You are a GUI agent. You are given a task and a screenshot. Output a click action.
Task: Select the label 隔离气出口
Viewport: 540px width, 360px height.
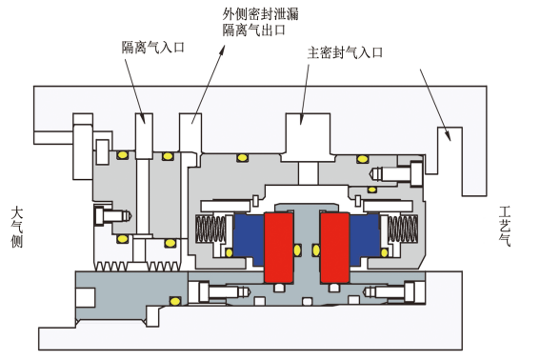(x=256, y=30)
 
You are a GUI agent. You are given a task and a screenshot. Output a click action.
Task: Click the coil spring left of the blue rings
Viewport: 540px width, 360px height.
(x=210, y=231)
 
